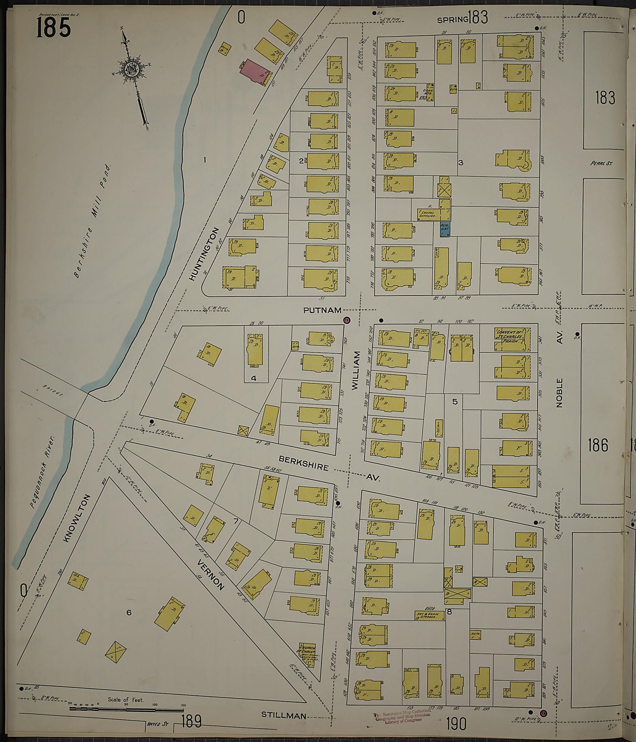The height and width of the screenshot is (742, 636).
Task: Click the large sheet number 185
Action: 53,28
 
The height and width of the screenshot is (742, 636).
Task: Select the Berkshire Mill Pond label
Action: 92,221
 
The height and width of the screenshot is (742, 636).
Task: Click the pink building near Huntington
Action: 254,72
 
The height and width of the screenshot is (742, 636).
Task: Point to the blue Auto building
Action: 444,229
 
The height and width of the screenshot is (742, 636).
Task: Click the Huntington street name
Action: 204,254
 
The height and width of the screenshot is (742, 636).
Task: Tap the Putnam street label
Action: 322,310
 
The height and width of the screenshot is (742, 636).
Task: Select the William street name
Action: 355,370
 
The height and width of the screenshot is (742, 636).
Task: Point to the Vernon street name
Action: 210,574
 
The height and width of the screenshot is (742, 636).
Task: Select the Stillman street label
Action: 284,715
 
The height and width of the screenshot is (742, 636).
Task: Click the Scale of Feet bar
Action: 126,709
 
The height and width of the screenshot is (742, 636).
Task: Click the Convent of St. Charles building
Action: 511,339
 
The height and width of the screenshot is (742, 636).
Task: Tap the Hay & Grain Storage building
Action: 430,615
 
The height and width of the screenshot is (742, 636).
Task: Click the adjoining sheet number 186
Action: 598,445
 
